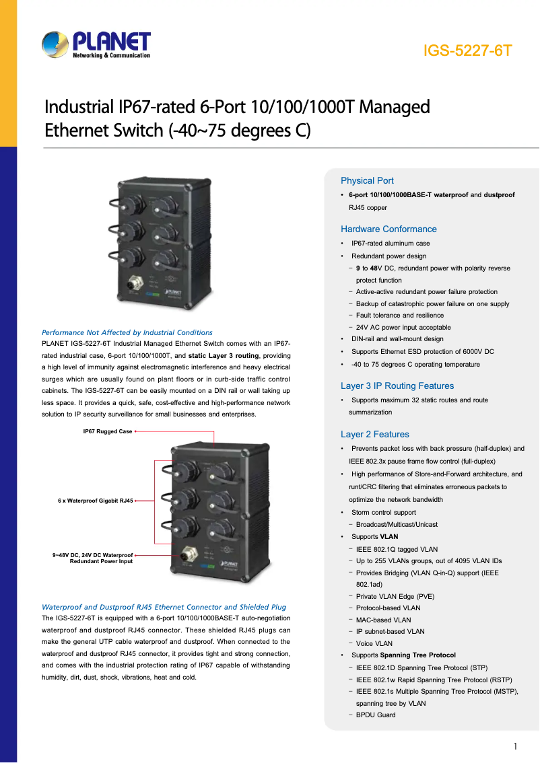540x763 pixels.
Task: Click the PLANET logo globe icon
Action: pos(55,45)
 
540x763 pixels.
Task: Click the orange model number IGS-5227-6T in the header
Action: pos(468,51)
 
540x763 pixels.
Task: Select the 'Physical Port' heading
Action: pos(367,180)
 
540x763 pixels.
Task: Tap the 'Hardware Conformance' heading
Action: pos(389,229)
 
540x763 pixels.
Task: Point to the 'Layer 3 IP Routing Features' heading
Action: pos(397,386)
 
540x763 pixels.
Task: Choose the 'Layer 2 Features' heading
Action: pos(374,434)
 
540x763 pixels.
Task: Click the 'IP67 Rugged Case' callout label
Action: pos(108,431)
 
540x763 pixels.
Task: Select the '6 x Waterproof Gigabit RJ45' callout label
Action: pos(96,501)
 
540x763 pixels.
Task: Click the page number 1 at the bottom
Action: pos(515,746)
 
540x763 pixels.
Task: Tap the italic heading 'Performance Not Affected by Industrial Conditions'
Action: pos(127,332)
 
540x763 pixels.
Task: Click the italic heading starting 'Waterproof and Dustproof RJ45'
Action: pos(164,607)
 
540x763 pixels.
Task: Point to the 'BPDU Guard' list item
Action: pos(376,715)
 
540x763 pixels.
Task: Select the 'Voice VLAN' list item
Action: pos(374,643)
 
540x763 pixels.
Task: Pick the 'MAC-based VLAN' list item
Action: pos(383,620)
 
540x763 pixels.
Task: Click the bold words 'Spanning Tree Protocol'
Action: pos(417,655)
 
